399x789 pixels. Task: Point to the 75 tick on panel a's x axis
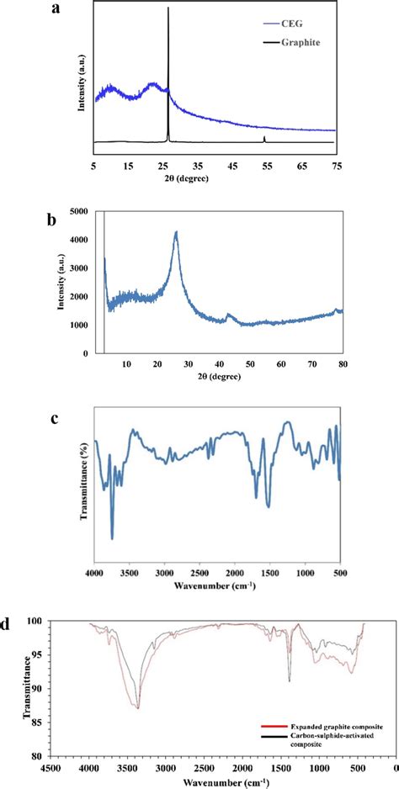[x=336, y=167]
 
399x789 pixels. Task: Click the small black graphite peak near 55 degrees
[x=265, y=137]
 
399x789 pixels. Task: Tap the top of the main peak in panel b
[x=176, y=232]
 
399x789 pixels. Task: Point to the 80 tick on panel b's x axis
[x=342, y=363]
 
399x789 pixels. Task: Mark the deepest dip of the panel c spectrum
[x=112, y=537]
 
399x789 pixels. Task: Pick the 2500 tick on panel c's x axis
[x=199, y=572]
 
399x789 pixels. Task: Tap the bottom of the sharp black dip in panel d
[x=290, y=681]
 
